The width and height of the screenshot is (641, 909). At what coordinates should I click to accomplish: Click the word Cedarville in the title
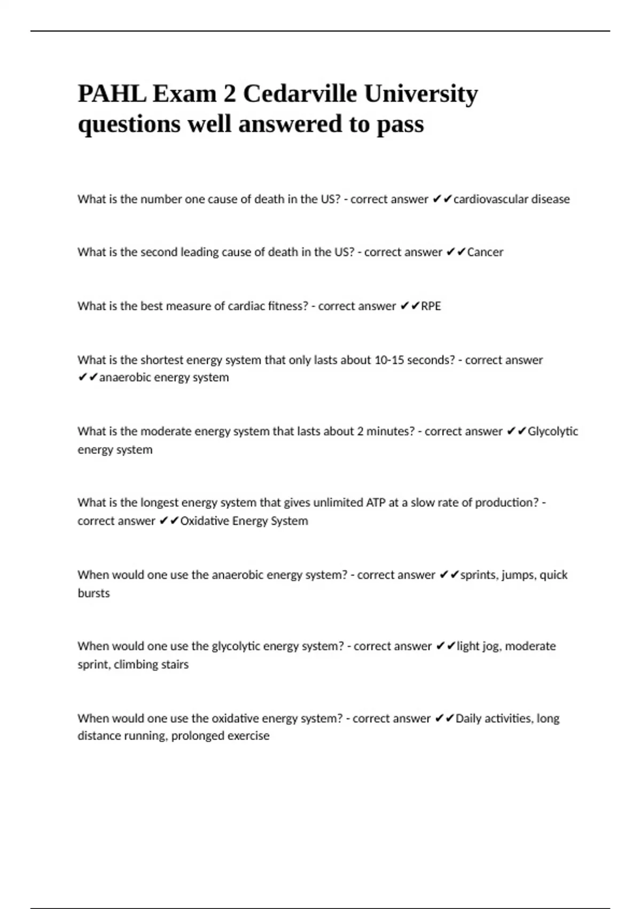click(x=300, y=94)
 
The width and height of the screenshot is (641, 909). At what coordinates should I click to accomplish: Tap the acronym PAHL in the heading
click(x=112, y=94)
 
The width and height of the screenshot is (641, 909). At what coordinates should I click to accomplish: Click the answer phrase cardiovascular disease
click(x=511, y=199)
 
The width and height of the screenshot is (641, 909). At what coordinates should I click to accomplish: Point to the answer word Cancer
click(x=485, y=252)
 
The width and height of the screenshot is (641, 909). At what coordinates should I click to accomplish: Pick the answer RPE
click(x=431, y=306)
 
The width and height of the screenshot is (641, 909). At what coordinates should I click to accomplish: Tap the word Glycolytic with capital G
click(x=553, y=431)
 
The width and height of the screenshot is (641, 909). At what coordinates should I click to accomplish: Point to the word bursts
click(x=93, y=593)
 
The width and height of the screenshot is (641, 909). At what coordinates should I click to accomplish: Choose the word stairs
click(x=174, y=664)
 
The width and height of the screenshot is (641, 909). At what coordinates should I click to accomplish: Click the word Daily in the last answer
click(x=468, y=718)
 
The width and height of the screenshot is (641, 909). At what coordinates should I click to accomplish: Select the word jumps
click(x=517, y=575)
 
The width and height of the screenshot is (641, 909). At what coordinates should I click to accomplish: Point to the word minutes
click(x=388, y=431)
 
